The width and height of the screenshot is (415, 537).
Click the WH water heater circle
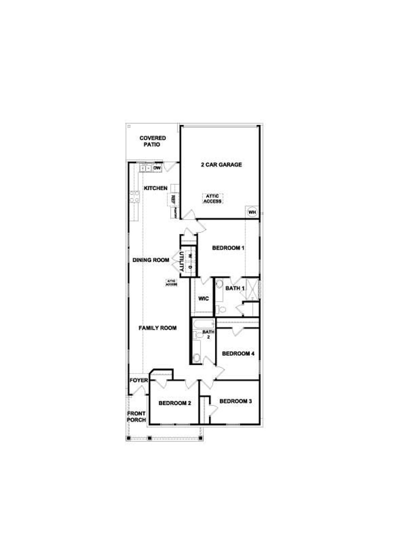pyautogui.click(x=252, y=212)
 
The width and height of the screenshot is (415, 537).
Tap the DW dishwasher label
pyautogui.click(x=157, y=168)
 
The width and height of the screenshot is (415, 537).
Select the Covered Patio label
pyautogui.click(x=152, y=141)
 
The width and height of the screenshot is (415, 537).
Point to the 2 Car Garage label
pyautogui.click(x=221, y=165)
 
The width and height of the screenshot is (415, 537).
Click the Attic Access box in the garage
pyautogui.click(x=213, y=198)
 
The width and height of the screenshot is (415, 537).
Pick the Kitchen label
pyautogui.click(x=156, y=188)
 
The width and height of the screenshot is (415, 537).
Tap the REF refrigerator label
pyautogui.click(x=173, y=199)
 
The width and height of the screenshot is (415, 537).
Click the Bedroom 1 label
pyautogui.click(x=228, y=248)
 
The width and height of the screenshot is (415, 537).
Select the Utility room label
pyautogui.click(x=182, y=261)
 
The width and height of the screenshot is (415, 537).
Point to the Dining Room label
pyautogui.click(x=151, y=260)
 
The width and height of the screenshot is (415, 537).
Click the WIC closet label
pyautogui.click(x=204, y=299)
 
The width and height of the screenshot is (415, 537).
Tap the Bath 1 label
pyautogui.click(x=233, y=288)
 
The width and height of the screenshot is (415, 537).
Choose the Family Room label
pyautogui.click(x=158, y=328)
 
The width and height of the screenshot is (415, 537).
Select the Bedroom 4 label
pyautogui.click(x=238, y=353)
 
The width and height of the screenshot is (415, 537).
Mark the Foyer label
pyautogui.click(x=139, y=380)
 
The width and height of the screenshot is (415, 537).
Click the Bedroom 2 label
pyautogui.click(x=175, y=403)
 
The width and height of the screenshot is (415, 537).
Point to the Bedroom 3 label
pyautogui.click(x=235, y=401)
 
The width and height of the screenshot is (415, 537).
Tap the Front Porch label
pyautogui.click(x=136, y=417)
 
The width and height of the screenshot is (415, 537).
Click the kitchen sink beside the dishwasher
pyautogui.click(x=146, y=168)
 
